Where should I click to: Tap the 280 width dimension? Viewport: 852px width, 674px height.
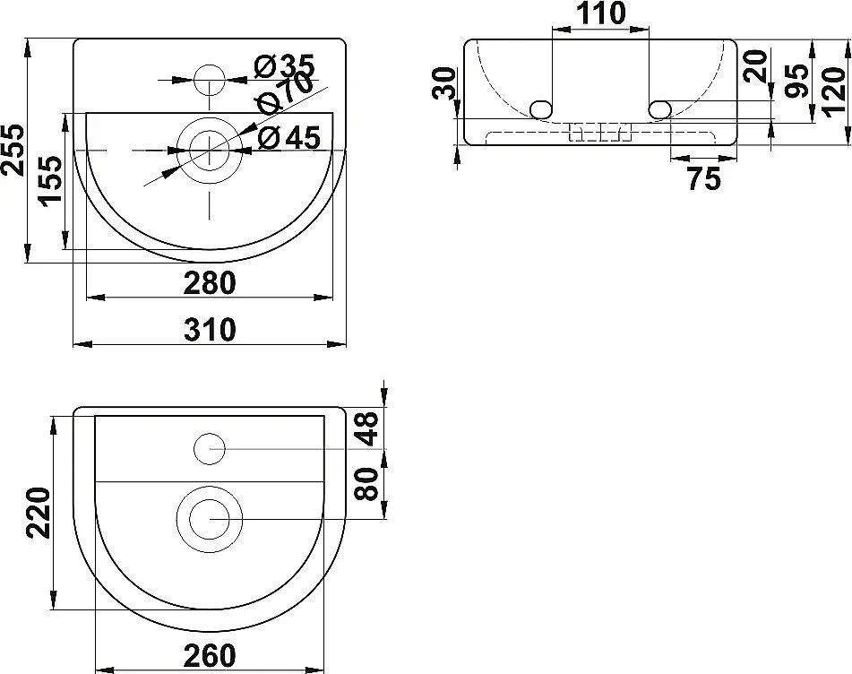click(210, 282)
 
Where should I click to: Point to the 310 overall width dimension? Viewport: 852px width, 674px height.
click(210, 330)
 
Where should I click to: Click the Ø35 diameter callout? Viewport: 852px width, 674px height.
click(283, 65)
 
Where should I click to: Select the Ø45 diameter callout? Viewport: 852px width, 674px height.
click(288, 137)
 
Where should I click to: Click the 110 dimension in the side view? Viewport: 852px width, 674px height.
click(599, 13)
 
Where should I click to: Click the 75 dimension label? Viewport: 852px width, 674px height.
click(704, 179)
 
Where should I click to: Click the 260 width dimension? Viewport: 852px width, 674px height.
click(210, 655)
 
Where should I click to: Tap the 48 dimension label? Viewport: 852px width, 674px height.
click(368, 428)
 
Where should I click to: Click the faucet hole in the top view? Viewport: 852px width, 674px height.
click(210, 79)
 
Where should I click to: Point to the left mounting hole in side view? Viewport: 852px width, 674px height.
click(539, 109)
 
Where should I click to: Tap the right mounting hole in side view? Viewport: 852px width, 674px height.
click(659, 109)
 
